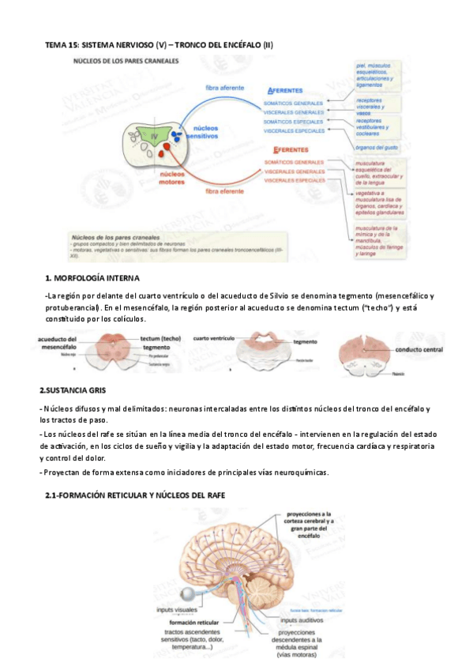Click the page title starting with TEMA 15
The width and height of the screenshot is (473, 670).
pyautogui.click(x=158, y=44)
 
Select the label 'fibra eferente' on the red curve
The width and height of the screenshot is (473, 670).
pyautogui.click(x=223, y=190)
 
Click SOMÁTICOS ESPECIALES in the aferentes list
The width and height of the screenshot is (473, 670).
pyautogui.click(x=294, y=122)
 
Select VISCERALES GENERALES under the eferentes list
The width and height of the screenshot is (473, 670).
pyautogui.click(x=295, y=171)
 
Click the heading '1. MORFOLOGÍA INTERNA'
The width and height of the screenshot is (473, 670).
pyautogui.click(x=92, y=278)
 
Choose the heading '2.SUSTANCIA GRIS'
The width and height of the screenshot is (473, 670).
pyautogui.click(x=77, y=390)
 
